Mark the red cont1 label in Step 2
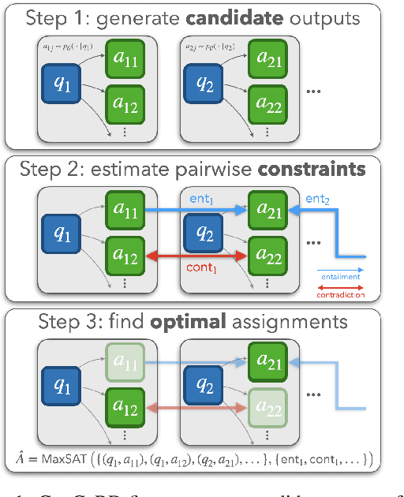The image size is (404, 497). click(x=201, y=268)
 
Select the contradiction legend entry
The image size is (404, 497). click(x=339, y=294)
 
